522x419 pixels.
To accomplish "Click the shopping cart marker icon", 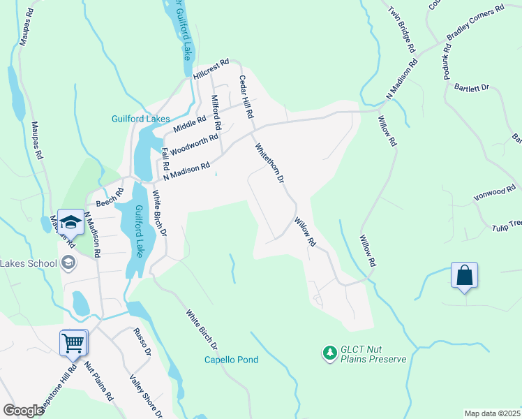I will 73,343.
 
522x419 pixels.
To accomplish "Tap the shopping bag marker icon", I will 464,275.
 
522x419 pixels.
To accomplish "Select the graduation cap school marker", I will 70,223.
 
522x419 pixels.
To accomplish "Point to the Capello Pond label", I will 231,360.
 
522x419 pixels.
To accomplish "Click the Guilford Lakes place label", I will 141,119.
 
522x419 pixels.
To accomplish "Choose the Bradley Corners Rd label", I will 475,24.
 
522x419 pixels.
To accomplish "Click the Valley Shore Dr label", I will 146,395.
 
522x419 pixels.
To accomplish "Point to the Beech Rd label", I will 110,198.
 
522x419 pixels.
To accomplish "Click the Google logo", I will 23,411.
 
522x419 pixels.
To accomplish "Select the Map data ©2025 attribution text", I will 492,413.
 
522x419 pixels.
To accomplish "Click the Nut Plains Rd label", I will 98,381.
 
